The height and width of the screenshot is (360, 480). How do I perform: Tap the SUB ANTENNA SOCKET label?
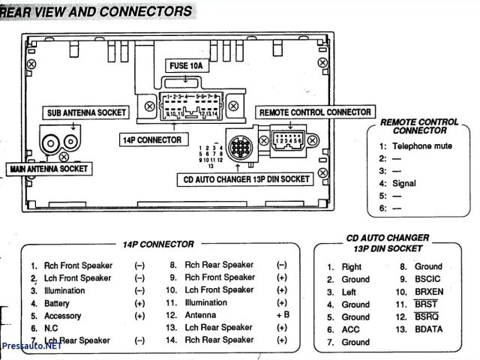click(83, 112)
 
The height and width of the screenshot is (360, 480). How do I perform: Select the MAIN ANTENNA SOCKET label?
click(49, 169)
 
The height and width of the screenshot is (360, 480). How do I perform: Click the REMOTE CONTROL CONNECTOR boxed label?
click(315, 112)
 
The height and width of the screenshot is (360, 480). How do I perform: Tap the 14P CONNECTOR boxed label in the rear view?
click(152, 139)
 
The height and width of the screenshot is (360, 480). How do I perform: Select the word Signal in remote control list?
click(404, 183)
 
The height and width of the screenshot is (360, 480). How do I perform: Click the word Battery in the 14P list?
click(57, 303)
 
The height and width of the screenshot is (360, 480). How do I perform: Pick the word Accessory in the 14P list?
click(63, 316)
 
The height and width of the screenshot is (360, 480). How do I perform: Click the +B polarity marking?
click(282, 316)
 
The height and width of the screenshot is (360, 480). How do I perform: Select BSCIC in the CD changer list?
click(429, 279)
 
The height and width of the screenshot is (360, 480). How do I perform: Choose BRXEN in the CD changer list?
click(430, 292)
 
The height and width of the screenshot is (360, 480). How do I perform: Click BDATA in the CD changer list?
click(430, 330)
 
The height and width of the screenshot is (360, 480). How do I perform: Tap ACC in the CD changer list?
click(350, 330)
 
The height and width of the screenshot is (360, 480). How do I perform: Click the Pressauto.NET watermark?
click(31, 349)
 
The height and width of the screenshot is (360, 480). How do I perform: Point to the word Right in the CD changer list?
click(352, 266)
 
